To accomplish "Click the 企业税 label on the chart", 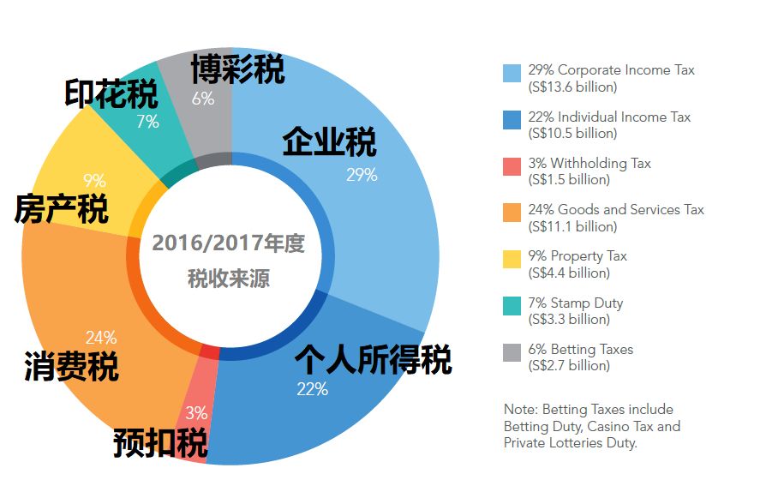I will [329, 142].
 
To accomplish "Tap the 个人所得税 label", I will [373, 359].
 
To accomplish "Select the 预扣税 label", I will [160, 445].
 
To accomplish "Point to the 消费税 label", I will [71, 366].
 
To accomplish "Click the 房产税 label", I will [61, 208].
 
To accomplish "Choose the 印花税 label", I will [111, 93].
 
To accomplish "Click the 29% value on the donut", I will [362, 175].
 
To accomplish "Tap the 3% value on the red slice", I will [196, 412].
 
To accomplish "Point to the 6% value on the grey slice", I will [203, 99].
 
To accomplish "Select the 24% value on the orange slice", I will [101, 338].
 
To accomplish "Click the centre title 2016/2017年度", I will [228, 243].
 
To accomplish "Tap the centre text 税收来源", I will [229, 279].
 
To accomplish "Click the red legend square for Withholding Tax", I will [512, 165].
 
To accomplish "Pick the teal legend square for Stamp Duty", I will [512, 305].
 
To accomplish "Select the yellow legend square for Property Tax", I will [512, 259].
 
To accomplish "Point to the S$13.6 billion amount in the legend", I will [573, 87].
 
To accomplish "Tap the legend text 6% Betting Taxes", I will [581, 349].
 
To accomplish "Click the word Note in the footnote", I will [520, 409].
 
